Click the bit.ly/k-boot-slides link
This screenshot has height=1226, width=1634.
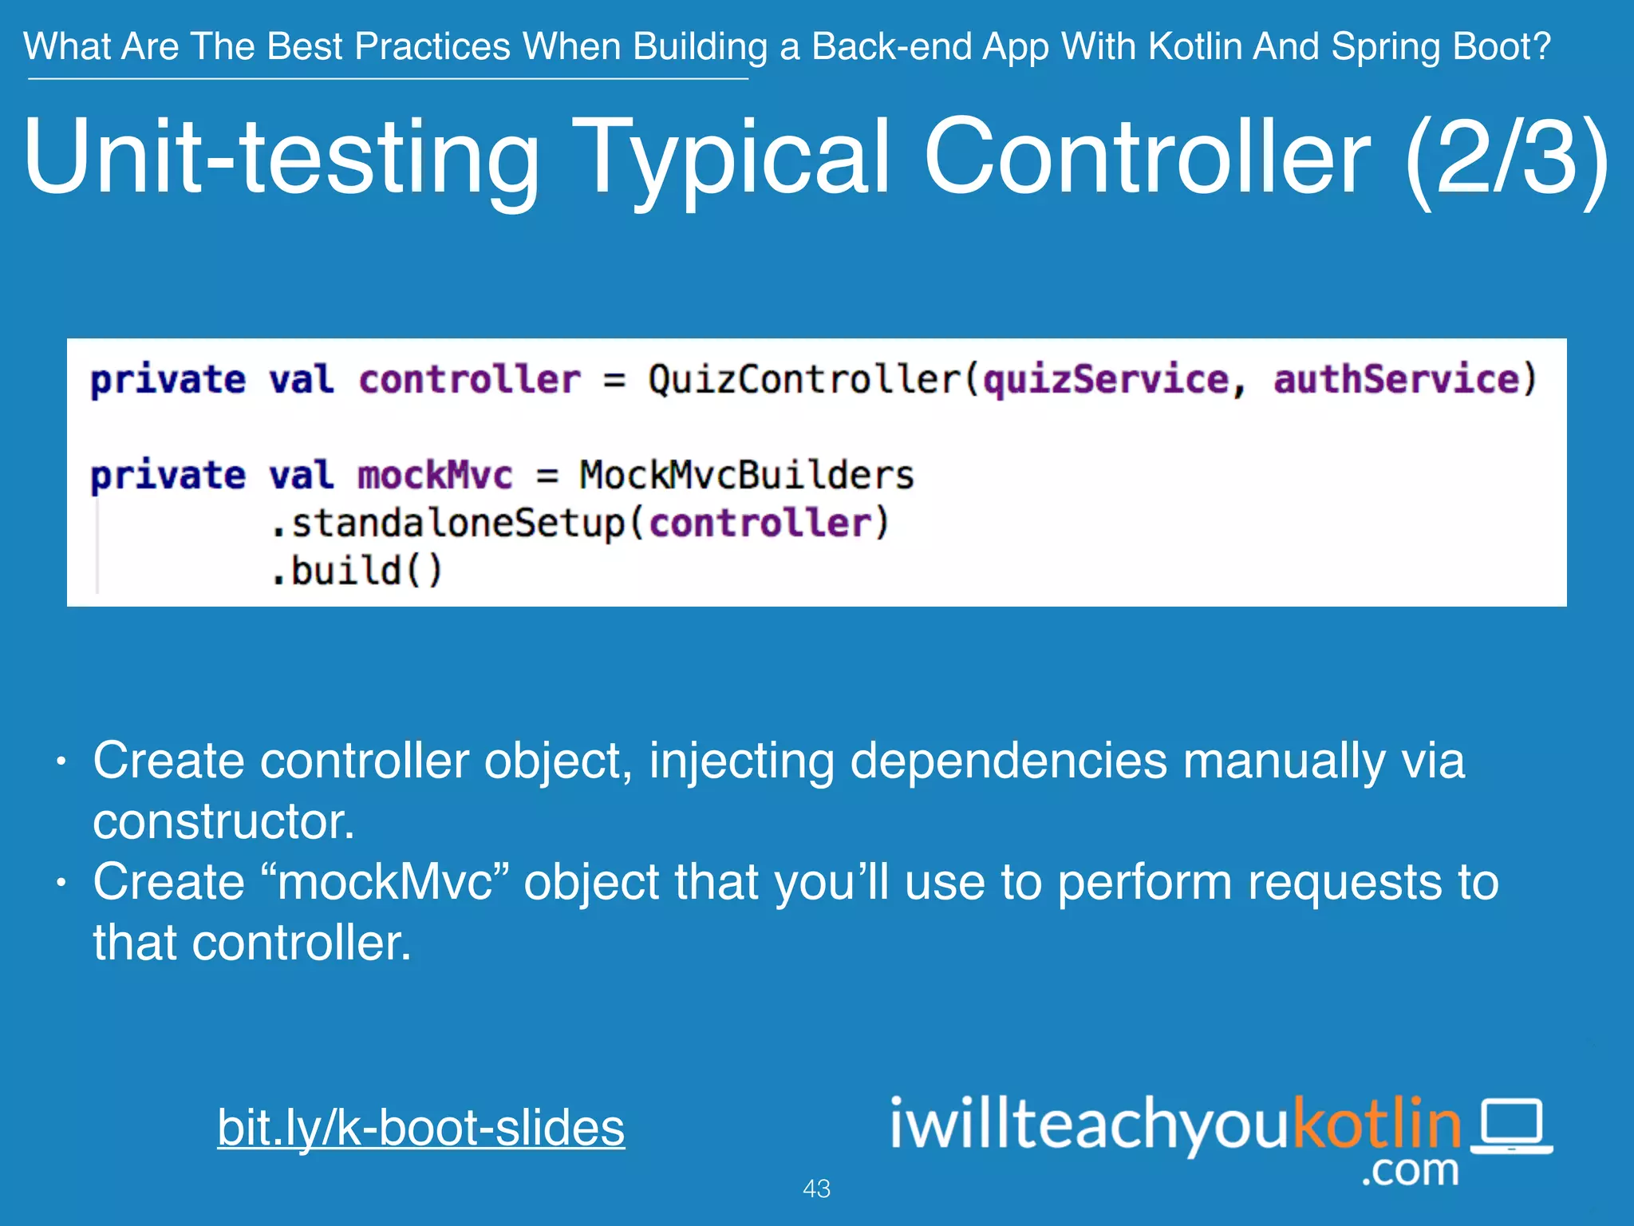(x=420, y=1128)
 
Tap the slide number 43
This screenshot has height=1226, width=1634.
(x=816, y=1188)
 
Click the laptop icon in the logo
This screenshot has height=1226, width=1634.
(x=1512, y=1126)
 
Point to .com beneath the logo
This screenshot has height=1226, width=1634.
(x=1410, y=1171)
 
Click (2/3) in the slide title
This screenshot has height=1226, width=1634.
(x=1506, y=157)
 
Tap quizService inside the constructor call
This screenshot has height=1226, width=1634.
(x=1105, y=379)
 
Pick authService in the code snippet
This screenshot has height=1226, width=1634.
(x=1396, y=379)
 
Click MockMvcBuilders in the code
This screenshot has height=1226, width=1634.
(x=747, y=476)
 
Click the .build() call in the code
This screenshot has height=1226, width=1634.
(x=357, y=571)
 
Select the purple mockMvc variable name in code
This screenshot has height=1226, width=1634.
(x=435, y=476)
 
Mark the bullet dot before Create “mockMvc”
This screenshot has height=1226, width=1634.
(x=61, y=884)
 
